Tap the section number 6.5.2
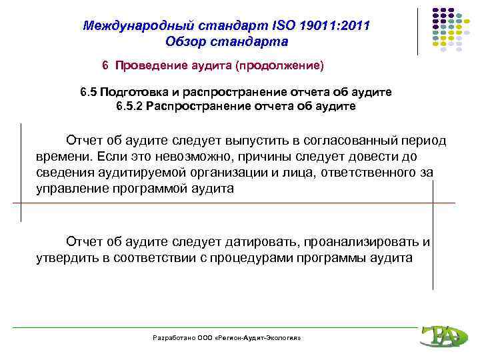point(129,106)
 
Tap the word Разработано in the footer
point(173,338)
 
